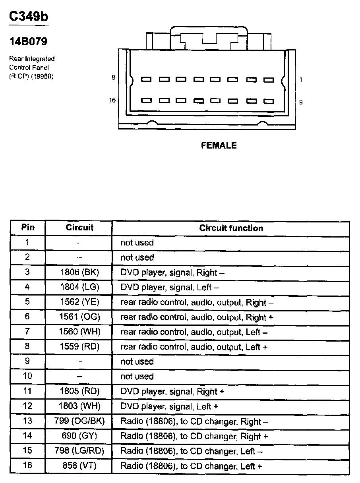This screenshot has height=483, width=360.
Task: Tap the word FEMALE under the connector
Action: [219, 146]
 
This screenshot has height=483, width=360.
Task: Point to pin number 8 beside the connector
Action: [113, 78]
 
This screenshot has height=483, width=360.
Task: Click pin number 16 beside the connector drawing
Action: [112, 100]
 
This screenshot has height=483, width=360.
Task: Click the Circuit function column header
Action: [231, 228]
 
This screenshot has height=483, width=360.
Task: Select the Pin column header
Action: [27, 228]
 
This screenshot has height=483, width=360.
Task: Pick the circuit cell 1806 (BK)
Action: [79, 272]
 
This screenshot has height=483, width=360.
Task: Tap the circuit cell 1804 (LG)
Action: [79, 287]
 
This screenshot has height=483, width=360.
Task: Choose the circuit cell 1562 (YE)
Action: [79, 302]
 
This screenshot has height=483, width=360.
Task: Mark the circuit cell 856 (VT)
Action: [79, 466]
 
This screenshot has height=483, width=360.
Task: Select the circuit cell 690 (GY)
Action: [79, 436]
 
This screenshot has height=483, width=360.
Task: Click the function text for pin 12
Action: [169, 406]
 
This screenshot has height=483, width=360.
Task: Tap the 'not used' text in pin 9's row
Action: [137, 362]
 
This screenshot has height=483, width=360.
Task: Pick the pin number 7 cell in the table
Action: [27, 332]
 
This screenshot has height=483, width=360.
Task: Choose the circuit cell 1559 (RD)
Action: [79, 347]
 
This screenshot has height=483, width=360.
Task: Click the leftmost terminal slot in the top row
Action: [147, 79]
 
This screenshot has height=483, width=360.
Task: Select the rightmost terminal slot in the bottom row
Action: [269, 101]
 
